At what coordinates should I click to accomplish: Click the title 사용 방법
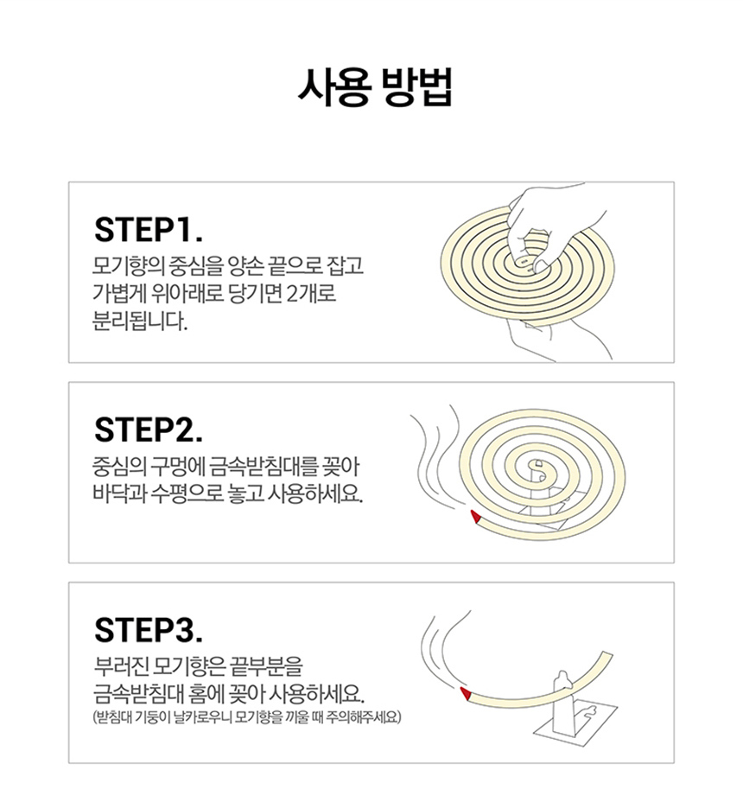pyautogui.click(x=375, y=87)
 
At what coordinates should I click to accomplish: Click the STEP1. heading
pyautogui.click(x=149, y=230)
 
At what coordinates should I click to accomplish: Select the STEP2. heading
pyautogui.click(x=149, y=430)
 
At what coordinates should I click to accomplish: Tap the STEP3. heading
pyautogui.click(x=149, y=630)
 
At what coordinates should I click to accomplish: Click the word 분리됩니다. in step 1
pyautogui.click(x=140, y=321)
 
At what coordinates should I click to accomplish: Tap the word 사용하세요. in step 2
pyautogui.click(x=315, y=493)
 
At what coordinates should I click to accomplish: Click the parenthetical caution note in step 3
pyautogui.click(x=247, y=717)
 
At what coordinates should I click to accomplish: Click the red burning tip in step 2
pyautogui.click(x=475, y=517)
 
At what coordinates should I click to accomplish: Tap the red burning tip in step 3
pyautogui.click(x=466, y=694)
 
